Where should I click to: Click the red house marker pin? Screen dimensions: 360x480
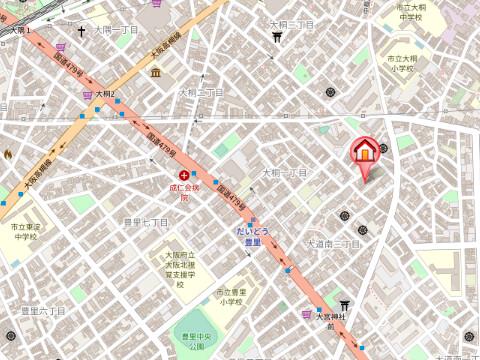(365, 153)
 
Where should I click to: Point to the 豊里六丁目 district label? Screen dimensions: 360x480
(43, 311)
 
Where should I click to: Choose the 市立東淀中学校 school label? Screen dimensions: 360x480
(24, 232)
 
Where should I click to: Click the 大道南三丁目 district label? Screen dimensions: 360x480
(333, 243)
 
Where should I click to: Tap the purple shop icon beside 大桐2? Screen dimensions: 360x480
(89, 95)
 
